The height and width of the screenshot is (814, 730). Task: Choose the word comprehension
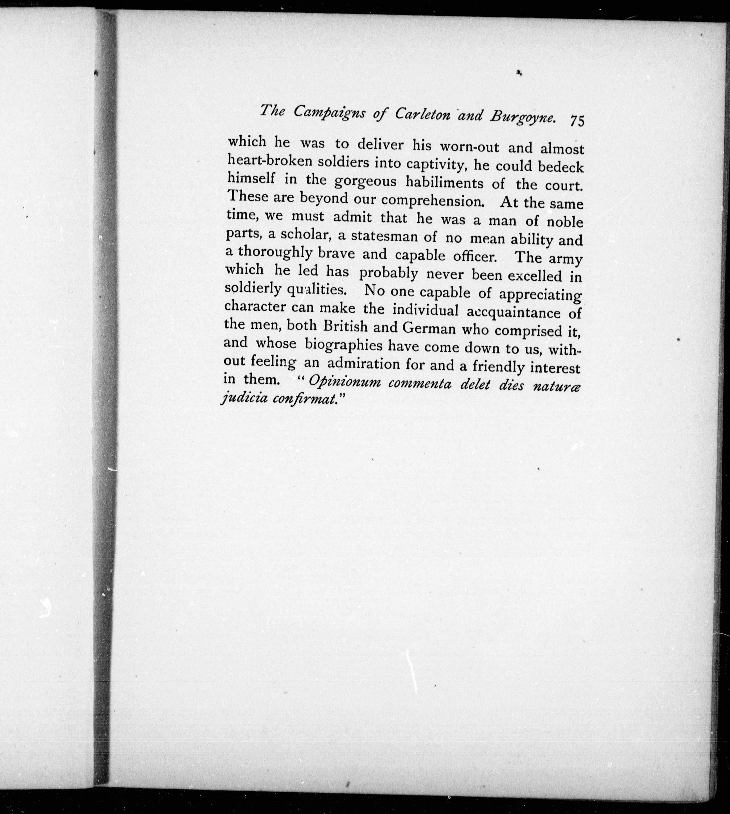coord(432,200)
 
